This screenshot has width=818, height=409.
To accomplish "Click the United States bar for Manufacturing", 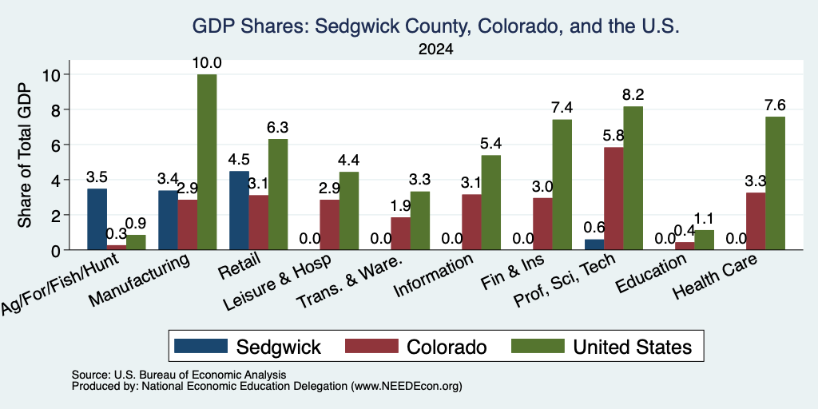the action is pyautogui.click(x=207, y=161).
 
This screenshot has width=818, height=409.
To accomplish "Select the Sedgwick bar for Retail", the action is pyautogui.click(x=239, y=210).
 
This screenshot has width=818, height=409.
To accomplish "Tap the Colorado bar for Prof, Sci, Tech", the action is pyautogui.click(x=613, y=199).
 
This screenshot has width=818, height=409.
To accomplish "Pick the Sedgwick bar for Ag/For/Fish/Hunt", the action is pyautogui.click(x=97, y=219).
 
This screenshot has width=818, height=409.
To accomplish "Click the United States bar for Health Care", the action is pyautogui.click(x=775, y=183).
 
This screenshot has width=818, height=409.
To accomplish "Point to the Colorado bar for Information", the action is pyautogui.click(x=471, y=222).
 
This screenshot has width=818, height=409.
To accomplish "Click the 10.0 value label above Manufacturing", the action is pyautogui.click(x=207, y=63).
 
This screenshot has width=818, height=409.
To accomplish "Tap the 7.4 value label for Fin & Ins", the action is pyautogui.click(x=562, y=108).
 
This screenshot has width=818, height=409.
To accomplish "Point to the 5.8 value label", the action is pyautogui.click(x=614, y=136).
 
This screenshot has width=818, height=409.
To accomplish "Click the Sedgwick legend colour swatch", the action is pyautogui.click(x=201, y=346).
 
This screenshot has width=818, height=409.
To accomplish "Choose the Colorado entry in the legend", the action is pyautogui.click(x=447, y=347).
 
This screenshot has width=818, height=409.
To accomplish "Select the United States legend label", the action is pyautogui.click(x=633, y=347).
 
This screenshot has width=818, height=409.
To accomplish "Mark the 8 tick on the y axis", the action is pyautogui.click(x=57, y=109).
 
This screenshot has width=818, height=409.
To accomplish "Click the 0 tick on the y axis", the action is pyautogui.click(x=57, y=250).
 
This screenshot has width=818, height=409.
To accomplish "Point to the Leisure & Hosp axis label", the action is pyautogui.click(x=277, y=284).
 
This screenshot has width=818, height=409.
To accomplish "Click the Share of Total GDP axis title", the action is pyautogui.click(x=25, y=155).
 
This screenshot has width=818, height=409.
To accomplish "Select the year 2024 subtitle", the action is pyautogui.click(x=435, y=50).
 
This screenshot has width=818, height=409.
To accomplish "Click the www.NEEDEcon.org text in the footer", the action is pyautogui.click(x=407, y=387).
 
